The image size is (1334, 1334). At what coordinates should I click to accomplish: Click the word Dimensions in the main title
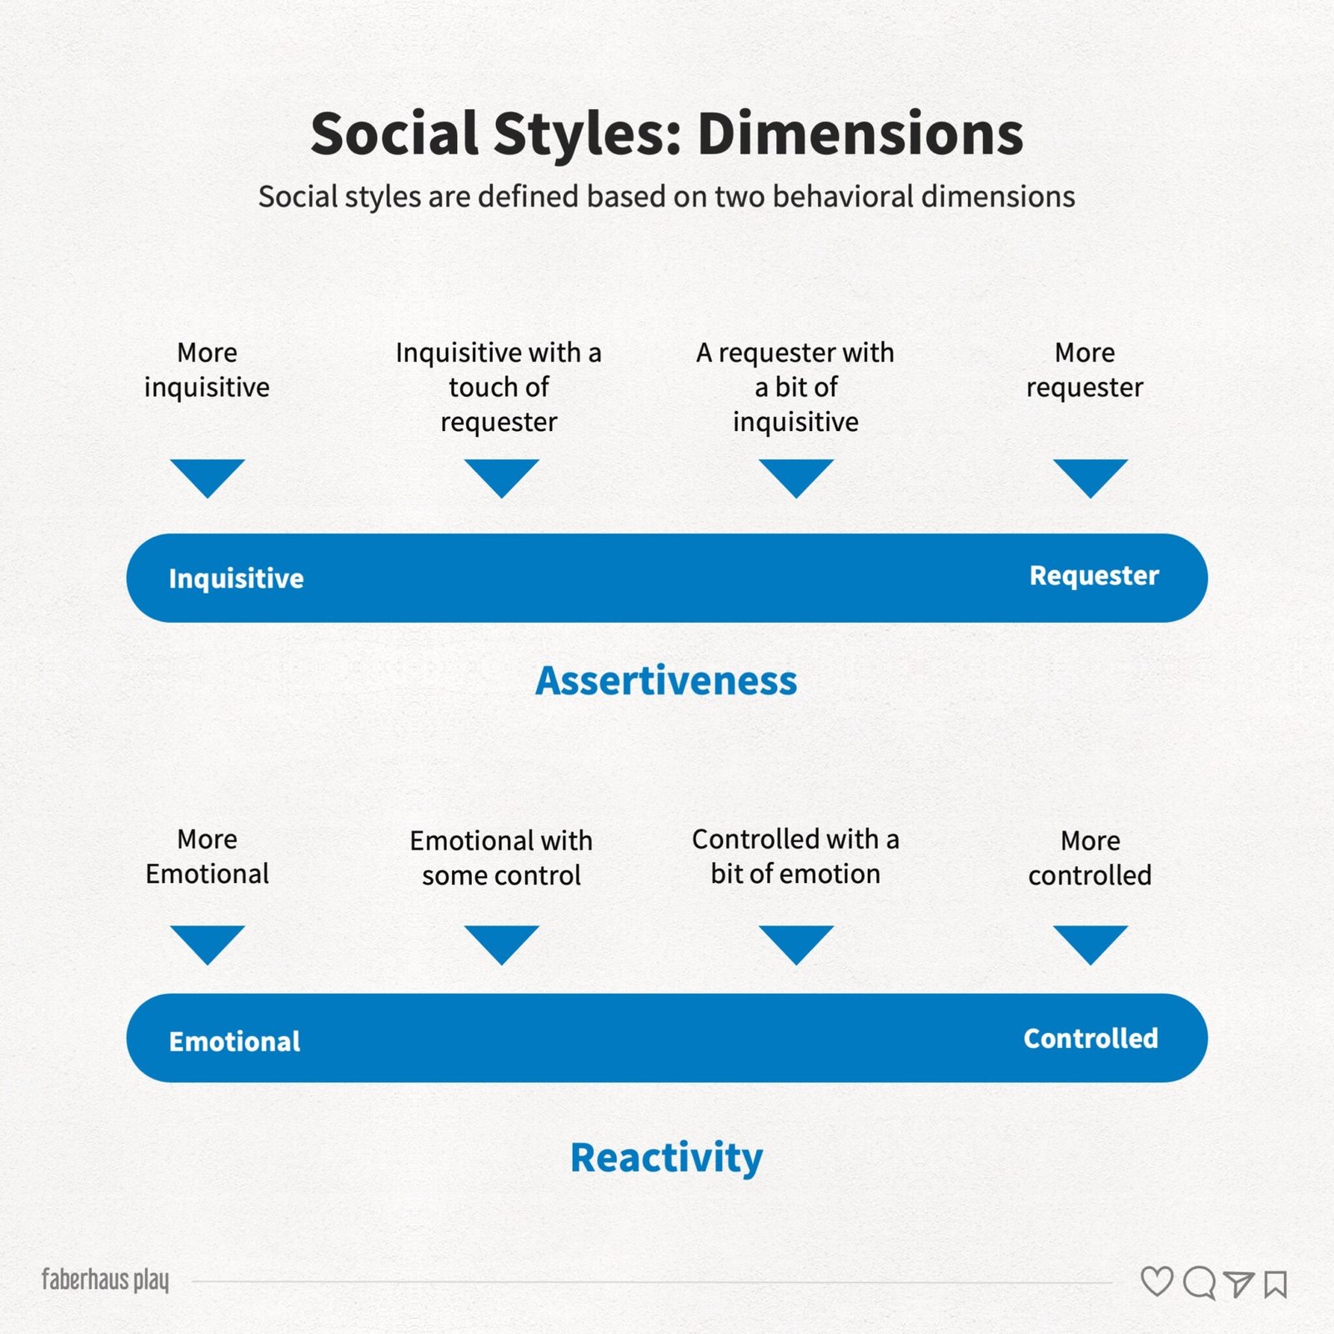[860, 133]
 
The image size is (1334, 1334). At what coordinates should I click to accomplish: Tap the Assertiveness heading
[666, 680]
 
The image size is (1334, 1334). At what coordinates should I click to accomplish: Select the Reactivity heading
[666, 1158]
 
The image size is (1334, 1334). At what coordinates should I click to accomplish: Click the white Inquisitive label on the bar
[236, 578]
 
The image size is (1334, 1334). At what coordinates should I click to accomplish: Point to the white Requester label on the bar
[1094, 576]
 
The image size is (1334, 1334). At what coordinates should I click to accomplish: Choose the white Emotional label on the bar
[234, 1041]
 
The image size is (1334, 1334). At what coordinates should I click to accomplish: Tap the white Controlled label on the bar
[1091, 1038]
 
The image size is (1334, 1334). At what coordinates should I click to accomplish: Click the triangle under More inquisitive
[208, 478]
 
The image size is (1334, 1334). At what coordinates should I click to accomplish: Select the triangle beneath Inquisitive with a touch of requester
[502, 478]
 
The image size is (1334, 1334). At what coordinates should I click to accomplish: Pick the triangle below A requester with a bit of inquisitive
[796, 478]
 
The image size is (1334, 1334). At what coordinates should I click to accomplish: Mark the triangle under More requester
[1091, 478]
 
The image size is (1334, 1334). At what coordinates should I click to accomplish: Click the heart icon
[1157, 1282]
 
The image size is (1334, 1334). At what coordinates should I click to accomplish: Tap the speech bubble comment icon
[1200, 1283]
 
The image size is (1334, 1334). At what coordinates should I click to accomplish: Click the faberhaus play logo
[105, 1280]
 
